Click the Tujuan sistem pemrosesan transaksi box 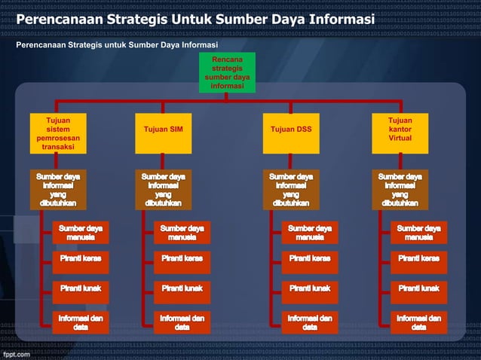[54, 133]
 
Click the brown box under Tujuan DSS [291, 190]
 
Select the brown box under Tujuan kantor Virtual [400, 190]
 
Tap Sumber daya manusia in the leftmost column [81, 233]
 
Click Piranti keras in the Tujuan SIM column [182, 259]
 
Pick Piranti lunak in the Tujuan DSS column [310, 288]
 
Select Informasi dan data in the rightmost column [418, 322]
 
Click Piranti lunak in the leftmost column [81, 288]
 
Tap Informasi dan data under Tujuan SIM [182, 322]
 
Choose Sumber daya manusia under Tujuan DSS [310, 233]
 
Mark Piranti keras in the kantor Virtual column [418, 259]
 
